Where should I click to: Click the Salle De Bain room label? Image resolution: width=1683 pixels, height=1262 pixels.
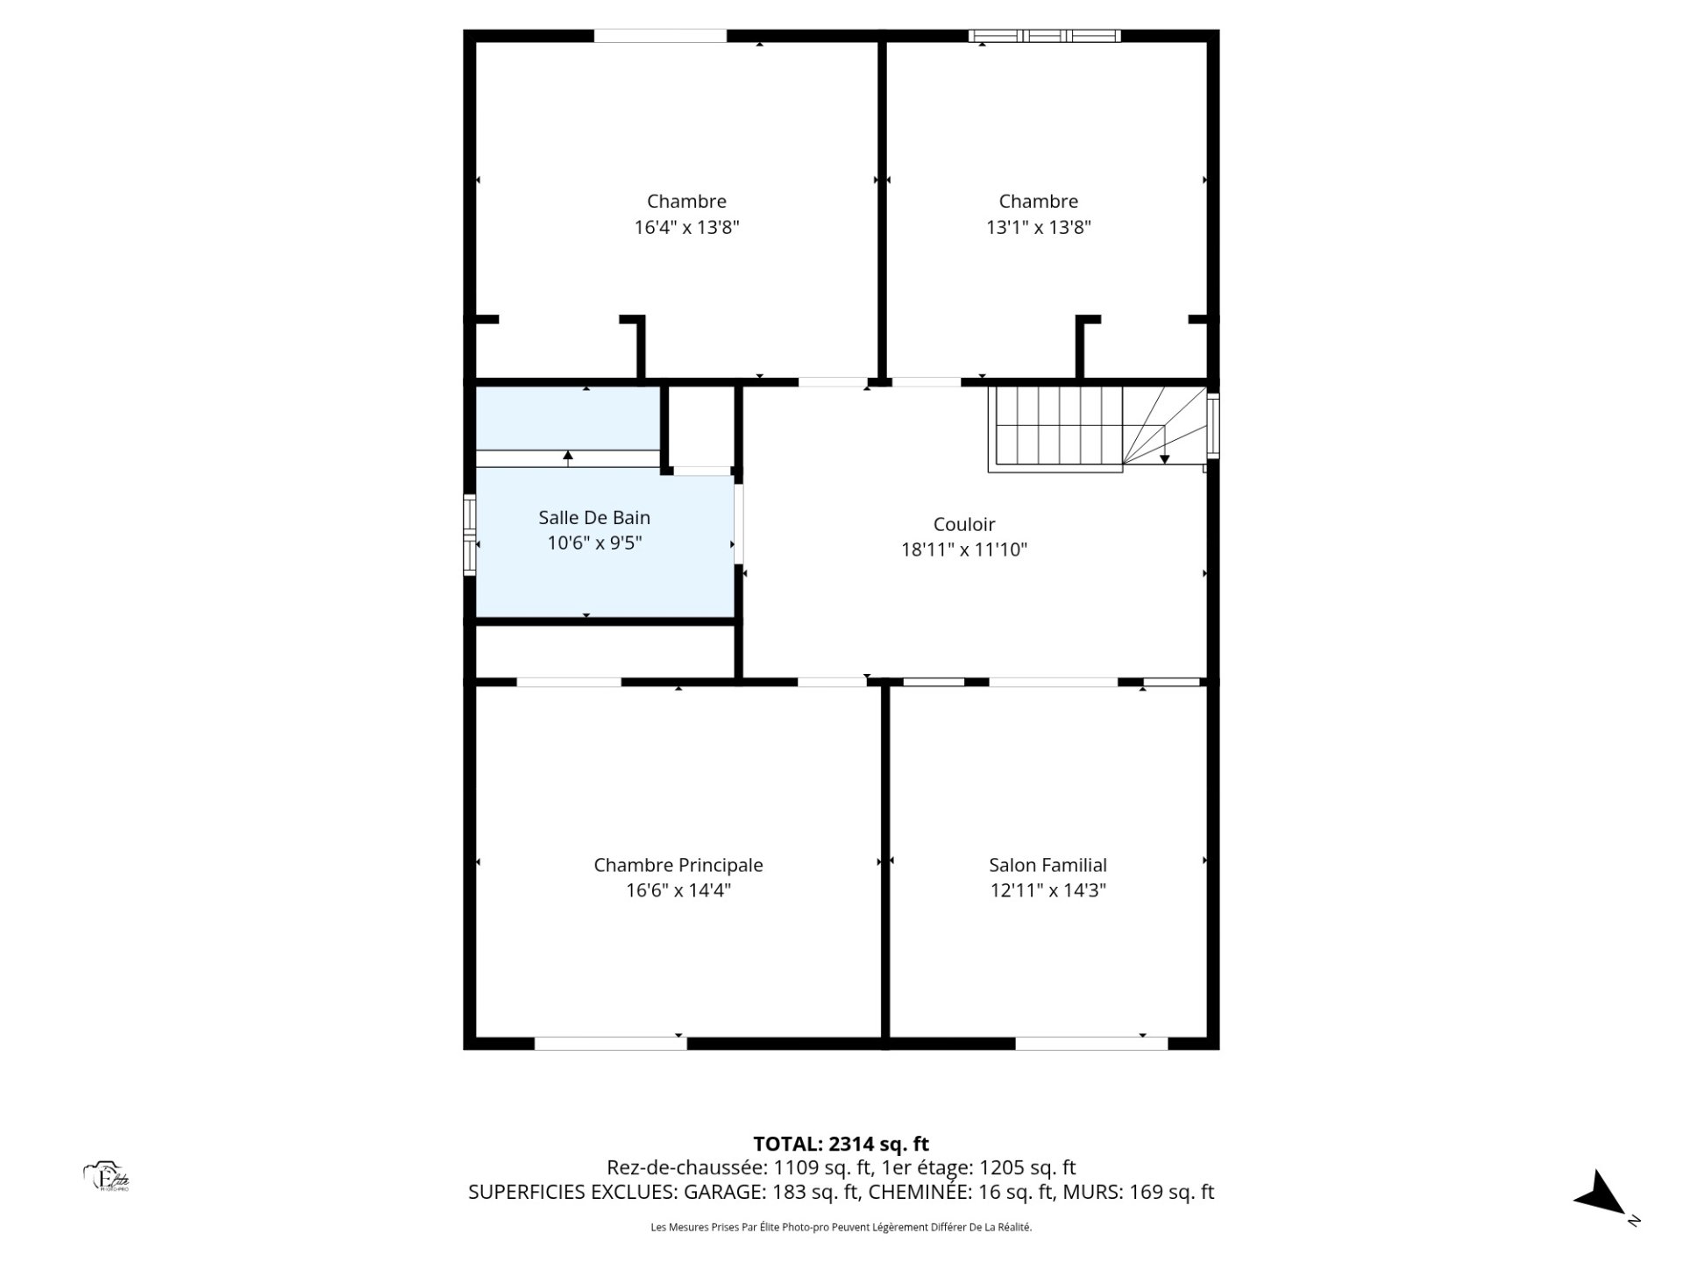pos(594,518)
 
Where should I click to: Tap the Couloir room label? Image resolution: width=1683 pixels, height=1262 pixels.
pos(964,524)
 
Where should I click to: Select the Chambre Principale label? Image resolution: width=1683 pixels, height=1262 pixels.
pos(678,865)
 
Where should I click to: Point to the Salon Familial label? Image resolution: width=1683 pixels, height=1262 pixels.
pos(1048,865)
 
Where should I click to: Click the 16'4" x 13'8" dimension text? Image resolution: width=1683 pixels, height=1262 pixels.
pos(687,228)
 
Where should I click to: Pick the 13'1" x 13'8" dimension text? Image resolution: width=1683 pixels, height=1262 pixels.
pos(1039,228)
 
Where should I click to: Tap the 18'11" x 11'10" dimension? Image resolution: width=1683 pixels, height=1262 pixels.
pos(964,549)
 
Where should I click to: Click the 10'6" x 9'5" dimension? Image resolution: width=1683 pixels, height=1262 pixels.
pos(594,543)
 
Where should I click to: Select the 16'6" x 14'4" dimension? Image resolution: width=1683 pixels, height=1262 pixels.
pos(678,890)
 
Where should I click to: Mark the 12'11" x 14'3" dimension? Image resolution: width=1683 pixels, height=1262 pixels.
pos(1048,890)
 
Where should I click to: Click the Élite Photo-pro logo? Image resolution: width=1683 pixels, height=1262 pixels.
pos(107,1177)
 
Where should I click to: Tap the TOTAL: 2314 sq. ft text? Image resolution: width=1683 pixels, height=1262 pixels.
pos(841,1144)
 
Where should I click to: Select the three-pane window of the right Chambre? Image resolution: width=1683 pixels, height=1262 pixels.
pos(1045,36)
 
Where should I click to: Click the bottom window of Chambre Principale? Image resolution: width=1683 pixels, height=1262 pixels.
pos(611,1043)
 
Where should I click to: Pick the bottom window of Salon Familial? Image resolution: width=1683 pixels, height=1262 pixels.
pos(1091,1043)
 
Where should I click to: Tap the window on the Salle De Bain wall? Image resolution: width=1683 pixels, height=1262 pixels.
pos(470,535)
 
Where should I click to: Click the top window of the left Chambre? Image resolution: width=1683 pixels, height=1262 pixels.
pos(661,36)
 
